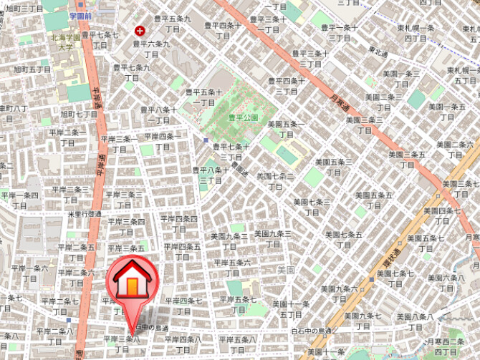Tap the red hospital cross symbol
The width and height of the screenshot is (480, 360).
click(140, 31)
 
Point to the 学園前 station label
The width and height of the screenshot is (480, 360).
click(82, 15)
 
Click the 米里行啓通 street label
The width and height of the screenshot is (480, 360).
click(85, 214)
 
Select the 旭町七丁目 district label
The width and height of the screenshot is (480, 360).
click(79, 114)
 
